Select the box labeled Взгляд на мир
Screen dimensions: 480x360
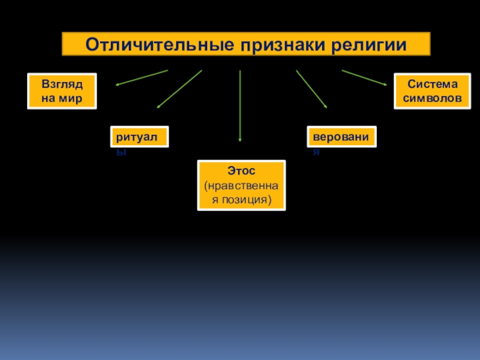point(62,91)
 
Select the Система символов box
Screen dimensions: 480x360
point(428,91)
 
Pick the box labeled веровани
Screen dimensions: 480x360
point(342,137)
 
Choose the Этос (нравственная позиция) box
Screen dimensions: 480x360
point(241,185)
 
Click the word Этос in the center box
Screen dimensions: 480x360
point(242,172)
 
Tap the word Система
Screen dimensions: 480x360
point(428,85)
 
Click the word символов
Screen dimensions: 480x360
point(428,98)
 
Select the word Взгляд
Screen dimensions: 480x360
point(62,85)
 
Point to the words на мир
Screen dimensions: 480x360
point(62,98)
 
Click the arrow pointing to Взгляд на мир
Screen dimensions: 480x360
point(142,77)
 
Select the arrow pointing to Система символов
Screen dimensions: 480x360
point(365,78)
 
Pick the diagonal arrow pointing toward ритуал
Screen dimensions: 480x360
point(179,89)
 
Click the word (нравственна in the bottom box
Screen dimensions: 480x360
point(242,185)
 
